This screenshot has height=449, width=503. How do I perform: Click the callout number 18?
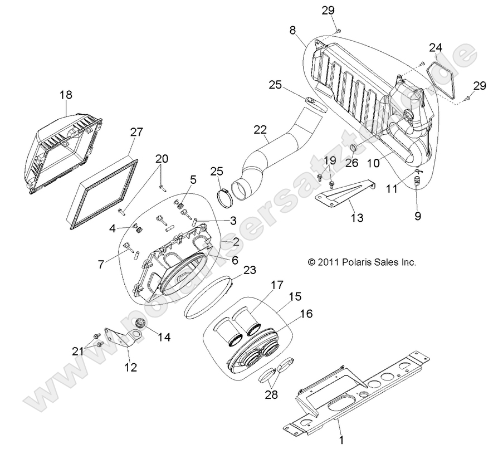pos(66,95)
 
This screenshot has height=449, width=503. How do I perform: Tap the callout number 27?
pos(136,133)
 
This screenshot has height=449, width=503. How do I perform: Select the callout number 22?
pos(259,129)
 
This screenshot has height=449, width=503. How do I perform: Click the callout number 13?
pos(357,218)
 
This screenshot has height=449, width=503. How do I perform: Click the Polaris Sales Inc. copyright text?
pos(362,261)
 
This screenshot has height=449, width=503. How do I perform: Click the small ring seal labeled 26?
pos(353,148)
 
